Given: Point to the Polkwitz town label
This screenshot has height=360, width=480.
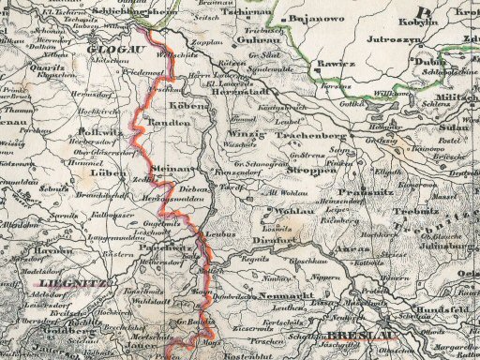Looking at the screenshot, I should coord(96,134).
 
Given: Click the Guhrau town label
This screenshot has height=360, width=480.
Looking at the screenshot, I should coord(255,42).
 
